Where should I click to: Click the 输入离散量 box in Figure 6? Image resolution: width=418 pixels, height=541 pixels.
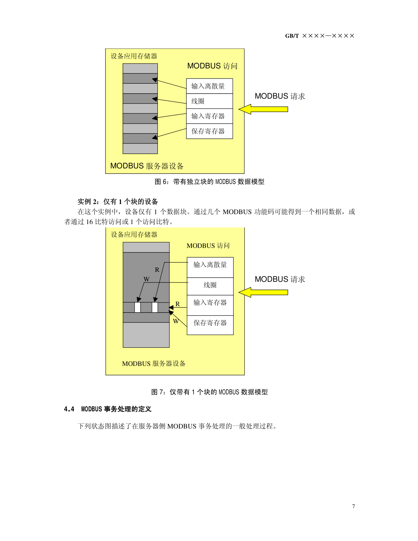pyautogui.click(x=209, y=86)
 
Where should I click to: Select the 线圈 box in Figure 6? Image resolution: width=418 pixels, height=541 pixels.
pyautogui.click(x=209, y=101)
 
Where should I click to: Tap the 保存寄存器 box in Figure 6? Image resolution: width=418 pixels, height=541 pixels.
pyautogui.click(x=209, y=131)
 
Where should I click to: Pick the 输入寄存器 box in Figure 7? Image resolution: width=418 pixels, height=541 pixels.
pyautogui.click(x=210, y=305)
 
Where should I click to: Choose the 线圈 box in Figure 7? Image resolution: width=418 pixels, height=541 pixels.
pyautogui.click(x=210, y=286)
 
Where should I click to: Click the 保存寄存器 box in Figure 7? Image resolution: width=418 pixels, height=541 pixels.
pyautogui.click(x=210, y=325)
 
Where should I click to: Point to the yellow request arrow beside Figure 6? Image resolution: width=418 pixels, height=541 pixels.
pyautogui.click(x=263, y=109)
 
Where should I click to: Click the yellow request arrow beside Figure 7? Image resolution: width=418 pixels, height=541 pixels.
pyautogui.click(x=263, y=292)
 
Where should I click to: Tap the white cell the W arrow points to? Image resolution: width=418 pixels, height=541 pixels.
pyautogui.click(x=137, y=307)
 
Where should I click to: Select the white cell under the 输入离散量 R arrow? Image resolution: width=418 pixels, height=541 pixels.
pyautogui.click(x=155, y=307)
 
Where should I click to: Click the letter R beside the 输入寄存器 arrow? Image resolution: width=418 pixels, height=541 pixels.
pyautogui.click(x=178, y=304)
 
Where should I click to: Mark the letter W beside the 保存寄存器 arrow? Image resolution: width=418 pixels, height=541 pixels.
pyautogui.click(x=176, y=321)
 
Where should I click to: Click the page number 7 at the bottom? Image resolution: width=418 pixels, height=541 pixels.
pyautogui.click(x=353, y=506)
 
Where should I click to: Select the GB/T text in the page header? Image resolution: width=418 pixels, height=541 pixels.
pyautogui.click(x=292, y=36)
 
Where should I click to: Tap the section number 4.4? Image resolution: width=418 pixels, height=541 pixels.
pyautogui.click(x=69, y=409)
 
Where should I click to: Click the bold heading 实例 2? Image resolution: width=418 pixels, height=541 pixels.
pyautogui.click(x=88, y=202)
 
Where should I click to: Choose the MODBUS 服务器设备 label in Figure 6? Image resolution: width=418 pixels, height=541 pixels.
pyautogui.click(x=147, y=166)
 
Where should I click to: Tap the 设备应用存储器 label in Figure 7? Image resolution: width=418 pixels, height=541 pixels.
pyautogui.click(x=134, y=235)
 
